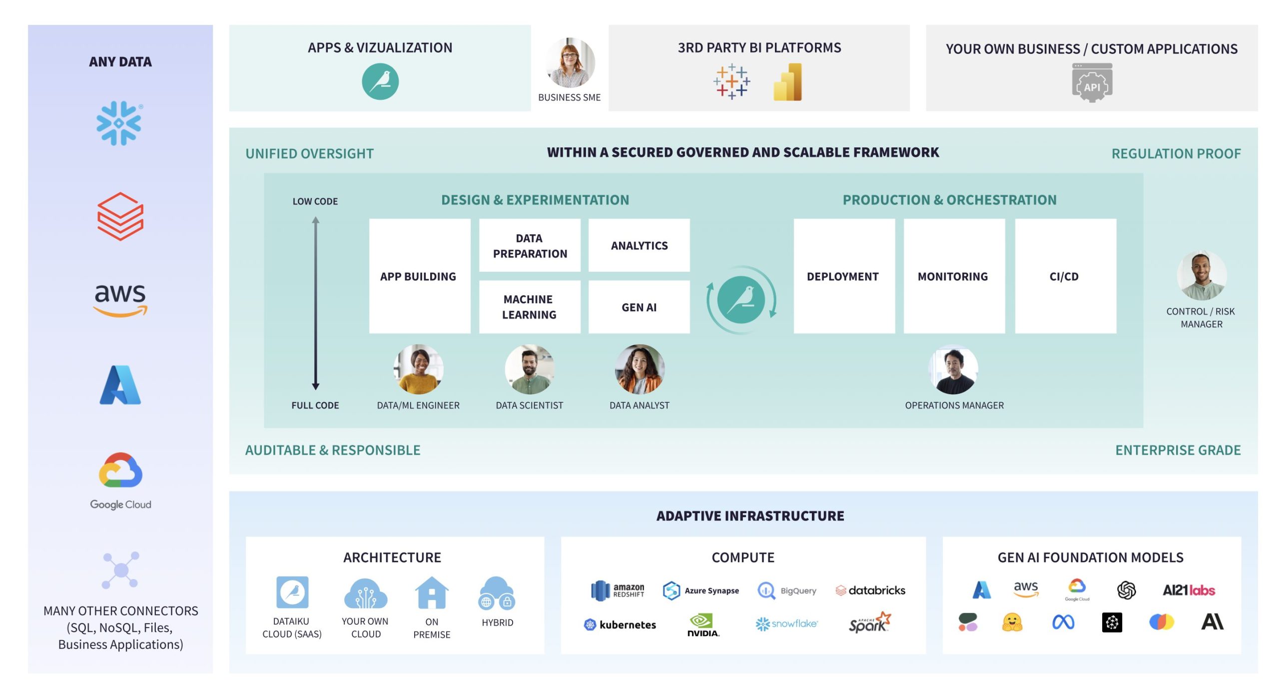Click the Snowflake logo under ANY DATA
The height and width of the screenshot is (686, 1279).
coord(119,123)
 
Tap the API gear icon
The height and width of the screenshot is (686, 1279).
coord(1092,83)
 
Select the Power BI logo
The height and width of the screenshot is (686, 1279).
coord(787,82)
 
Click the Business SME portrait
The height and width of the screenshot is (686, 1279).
coord(570,63)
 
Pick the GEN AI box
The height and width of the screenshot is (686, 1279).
coord(639,307)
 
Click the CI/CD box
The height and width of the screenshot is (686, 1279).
coord(1065,276)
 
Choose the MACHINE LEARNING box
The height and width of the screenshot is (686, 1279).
coord(530,307)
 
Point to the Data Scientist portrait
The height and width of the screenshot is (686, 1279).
coord(530,370)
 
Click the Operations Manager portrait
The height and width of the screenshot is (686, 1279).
coord(953,370)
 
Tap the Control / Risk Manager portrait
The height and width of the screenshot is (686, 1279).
coord(1201,276)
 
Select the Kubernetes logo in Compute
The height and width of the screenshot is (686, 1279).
coord(620,625)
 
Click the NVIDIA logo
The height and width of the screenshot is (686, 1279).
coord(703,625)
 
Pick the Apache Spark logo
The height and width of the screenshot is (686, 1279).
coord(870,623)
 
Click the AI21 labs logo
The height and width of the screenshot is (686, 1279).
coord(1189,590)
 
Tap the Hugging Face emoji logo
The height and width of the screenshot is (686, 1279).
coord(1012,623)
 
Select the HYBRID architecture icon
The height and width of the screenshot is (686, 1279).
coord(497,594)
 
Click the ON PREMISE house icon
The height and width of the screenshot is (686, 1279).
coord(432,593)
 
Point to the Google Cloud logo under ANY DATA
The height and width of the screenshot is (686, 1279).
coord(120,480)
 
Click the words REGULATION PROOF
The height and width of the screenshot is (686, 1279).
coord(1176,153)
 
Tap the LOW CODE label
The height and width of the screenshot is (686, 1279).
coord(315,201)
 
